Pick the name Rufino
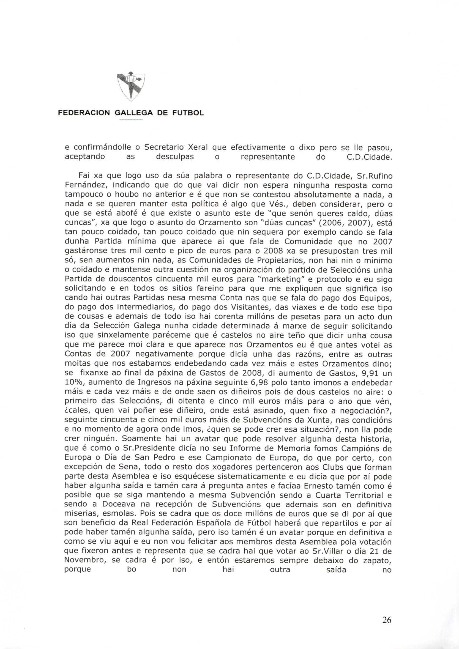click(x=379, y=176)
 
